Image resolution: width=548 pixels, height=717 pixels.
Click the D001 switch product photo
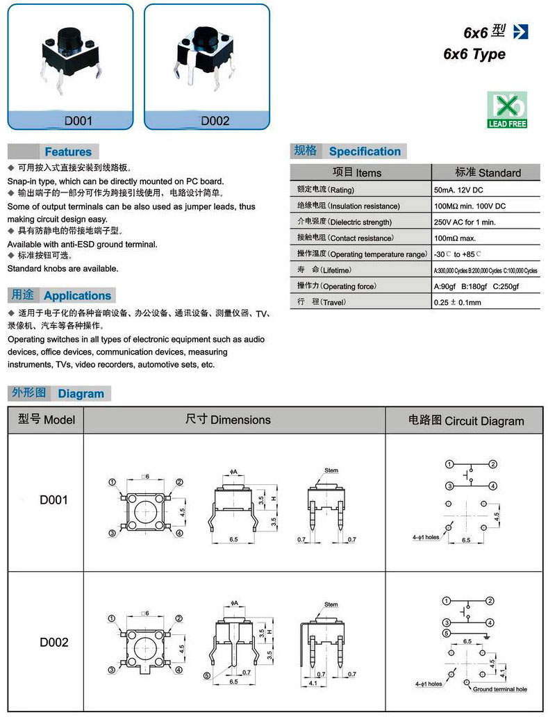pyautogui.click(x=69, y=55)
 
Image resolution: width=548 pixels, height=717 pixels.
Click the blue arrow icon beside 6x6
pyautogui.click(x=520, y=31)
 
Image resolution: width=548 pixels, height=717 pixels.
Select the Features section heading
pyautogui.click(x=67, y=151)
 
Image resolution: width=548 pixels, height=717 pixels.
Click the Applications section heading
pyautogui.click(x=77, y=295)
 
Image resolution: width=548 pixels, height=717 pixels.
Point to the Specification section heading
pyautogui.click(x=365, y=151)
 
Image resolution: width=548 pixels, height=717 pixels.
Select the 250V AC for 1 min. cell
pyautogui.click(x=465, y=222)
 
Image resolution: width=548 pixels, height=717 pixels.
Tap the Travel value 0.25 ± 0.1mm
pyautogui.click(x=458, y=302)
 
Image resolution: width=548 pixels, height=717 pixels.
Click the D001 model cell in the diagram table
pyautogui.click(x=53, y=500)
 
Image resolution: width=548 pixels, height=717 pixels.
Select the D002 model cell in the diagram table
pyautogui.click(x=53, y=643)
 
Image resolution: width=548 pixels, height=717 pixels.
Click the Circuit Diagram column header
pyautogui.click(x=465, y=420)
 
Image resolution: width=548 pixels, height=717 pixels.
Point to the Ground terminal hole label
pyautogui.click(x=500, y=689)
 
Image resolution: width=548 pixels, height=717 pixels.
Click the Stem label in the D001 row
pyautogui.click(x=331, y=470)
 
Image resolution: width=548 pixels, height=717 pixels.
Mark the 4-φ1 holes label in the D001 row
pyautogui.click(x=424, y=537)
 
